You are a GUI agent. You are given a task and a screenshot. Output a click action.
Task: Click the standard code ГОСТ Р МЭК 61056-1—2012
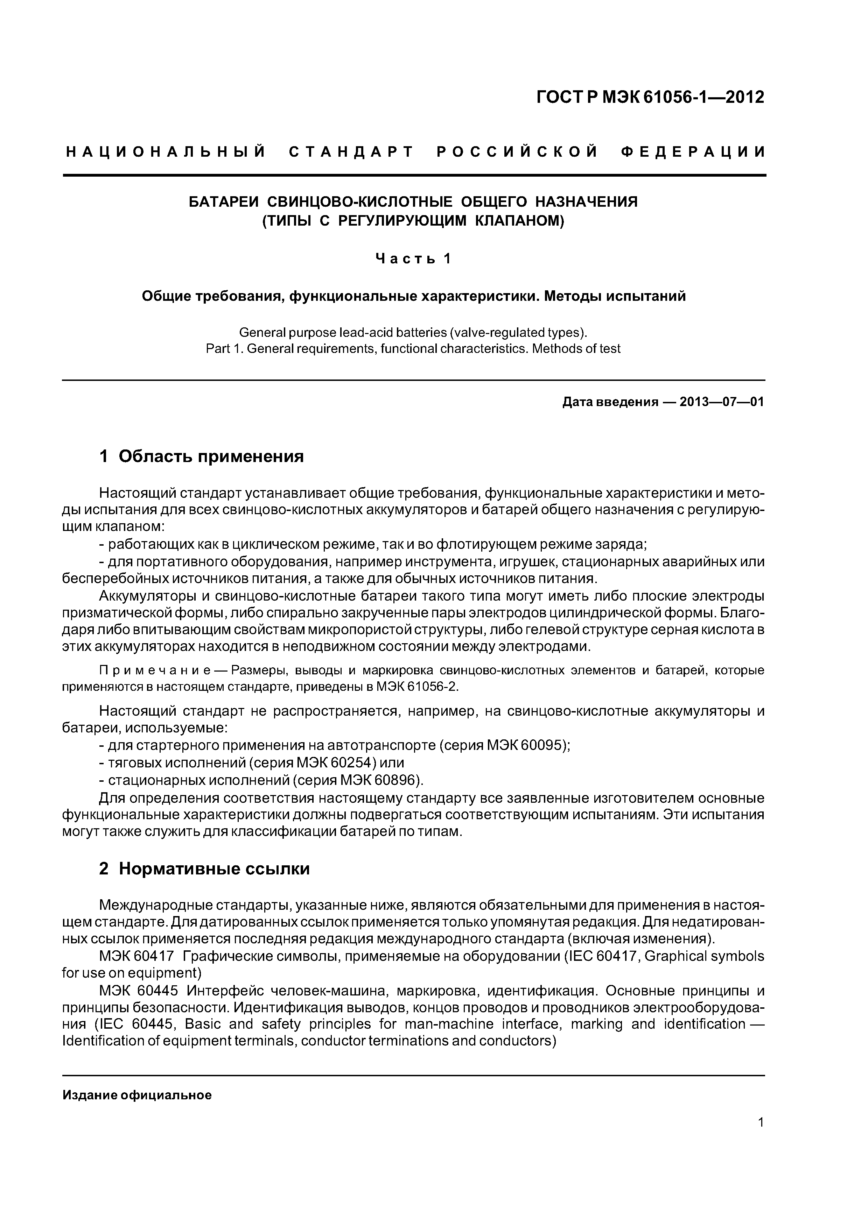click(x=650, y=97)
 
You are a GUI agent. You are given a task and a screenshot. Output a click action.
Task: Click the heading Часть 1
click(x=413, y=259)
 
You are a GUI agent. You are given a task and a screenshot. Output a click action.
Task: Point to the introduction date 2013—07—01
click(x=721, y=402)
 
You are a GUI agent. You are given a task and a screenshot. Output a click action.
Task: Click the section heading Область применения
click(x=211, y=456)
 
